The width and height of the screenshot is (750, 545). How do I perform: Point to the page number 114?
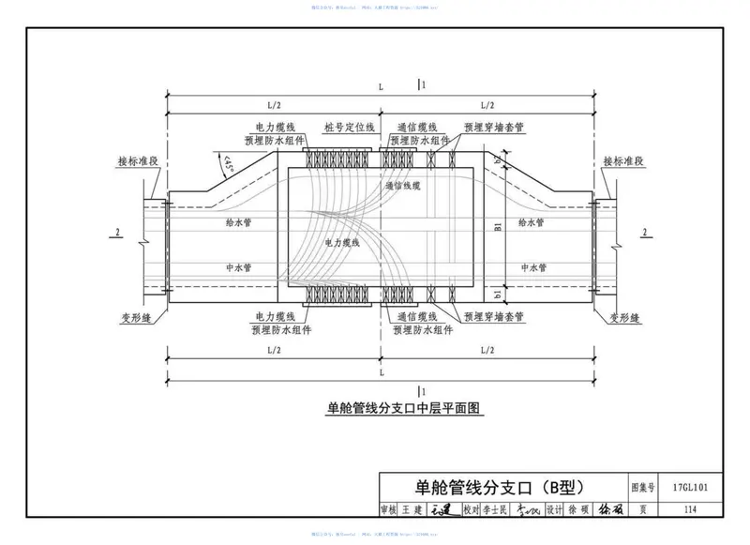691,509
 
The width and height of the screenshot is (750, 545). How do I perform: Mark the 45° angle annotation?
228,166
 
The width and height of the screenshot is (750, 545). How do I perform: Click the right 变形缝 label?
622,318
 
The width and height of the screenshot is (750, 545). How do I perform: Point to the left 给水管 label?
239,223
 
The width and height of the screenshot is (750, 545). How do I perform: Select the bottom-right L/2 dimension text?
487,349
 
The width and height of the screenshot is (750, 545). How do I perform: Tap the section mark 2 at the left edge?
117,232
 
